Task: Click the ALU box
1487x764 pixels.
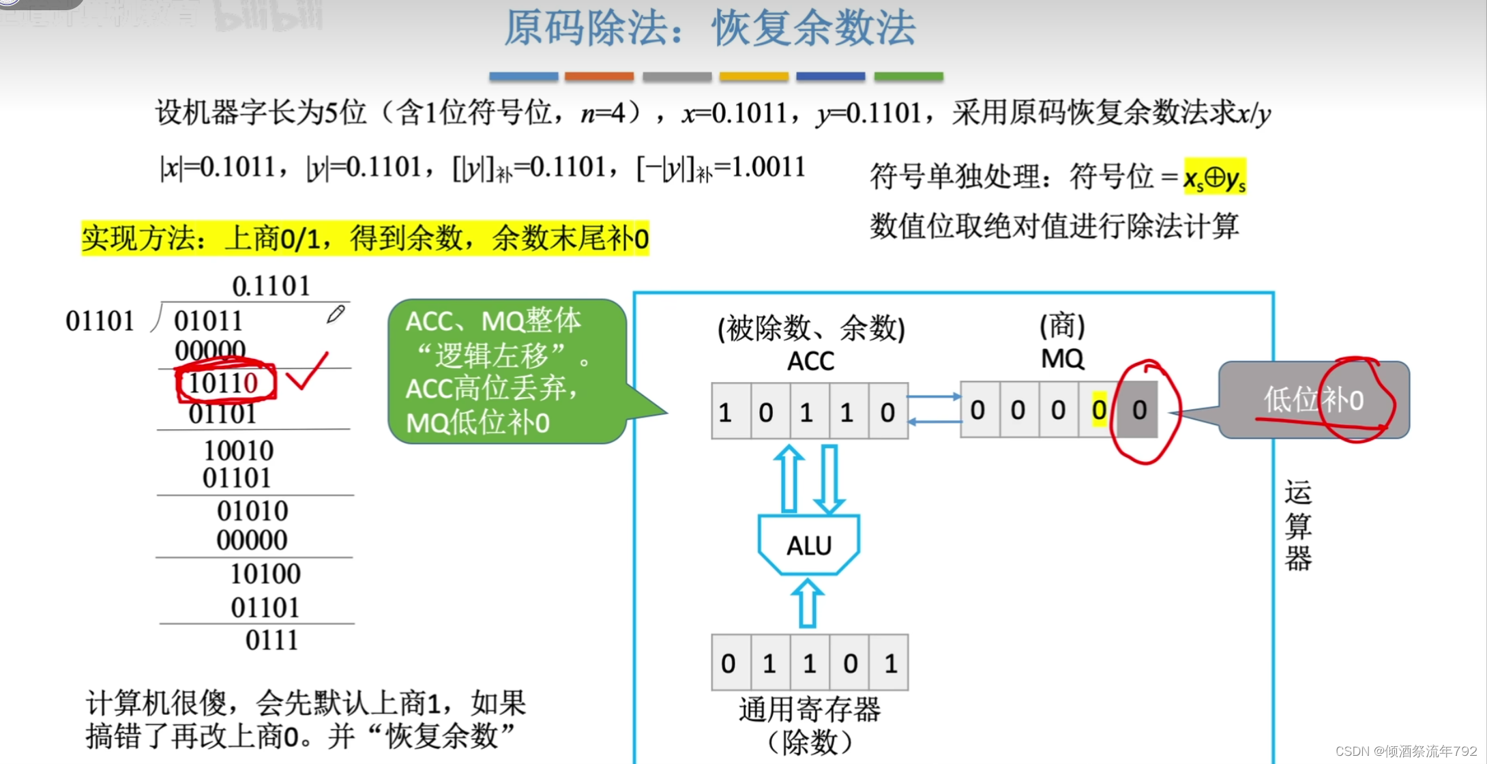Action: pyautogui.click(x=809, y=545)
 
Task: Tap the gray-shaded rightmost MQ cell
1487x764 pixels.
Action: pyautogui.click(x=1139, y=411)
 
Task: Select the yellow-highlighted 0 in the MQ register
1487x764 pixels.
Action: pyautogui.click(x=1098, y=411)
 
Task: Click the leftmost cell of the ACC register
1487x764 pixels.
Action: pyautogui.click(x=731, y=411)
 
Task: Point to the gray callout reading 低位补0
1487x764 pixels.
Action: pyautogui.click(x=1313, y=400)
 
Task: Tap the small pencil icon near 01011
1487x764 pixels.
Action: pyautogui.click(x=336, y=314)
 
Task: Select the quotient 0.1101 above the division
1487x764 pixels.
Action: pyautogui.click(x=271, y=286)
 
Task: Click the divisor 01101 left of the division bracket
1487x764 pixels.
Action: pyautogui.click(x=100, y=321)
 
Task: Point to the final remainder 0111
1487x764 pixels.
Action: pyautogui.click(x=271, y=641)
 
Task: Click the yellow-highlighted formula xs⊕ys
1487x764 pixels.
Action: pyautogui.click(x=1214, y=177)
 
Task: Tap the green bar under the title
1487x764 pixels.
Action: pyautogui.click(x=909, y=76)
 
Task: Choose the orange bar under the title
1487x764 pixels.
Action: pyautogui.click(x=599, y=76)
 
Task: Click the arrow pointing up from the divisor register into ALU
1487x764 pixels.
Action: pyautogui.click(x=808, y=604)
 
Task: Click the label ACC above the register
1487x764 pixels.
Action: pyautogui.click(x=810, y=361)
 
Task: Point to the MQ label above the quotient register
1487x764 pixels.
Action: pyautogui.click(x=1062, y=359)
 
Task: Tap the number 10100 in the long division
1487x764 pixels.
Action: pyautogui.click(x=265, y=574)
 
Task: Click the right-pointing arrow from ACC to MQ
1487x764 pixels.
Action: pyautogui.click(x=934, y=396)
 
